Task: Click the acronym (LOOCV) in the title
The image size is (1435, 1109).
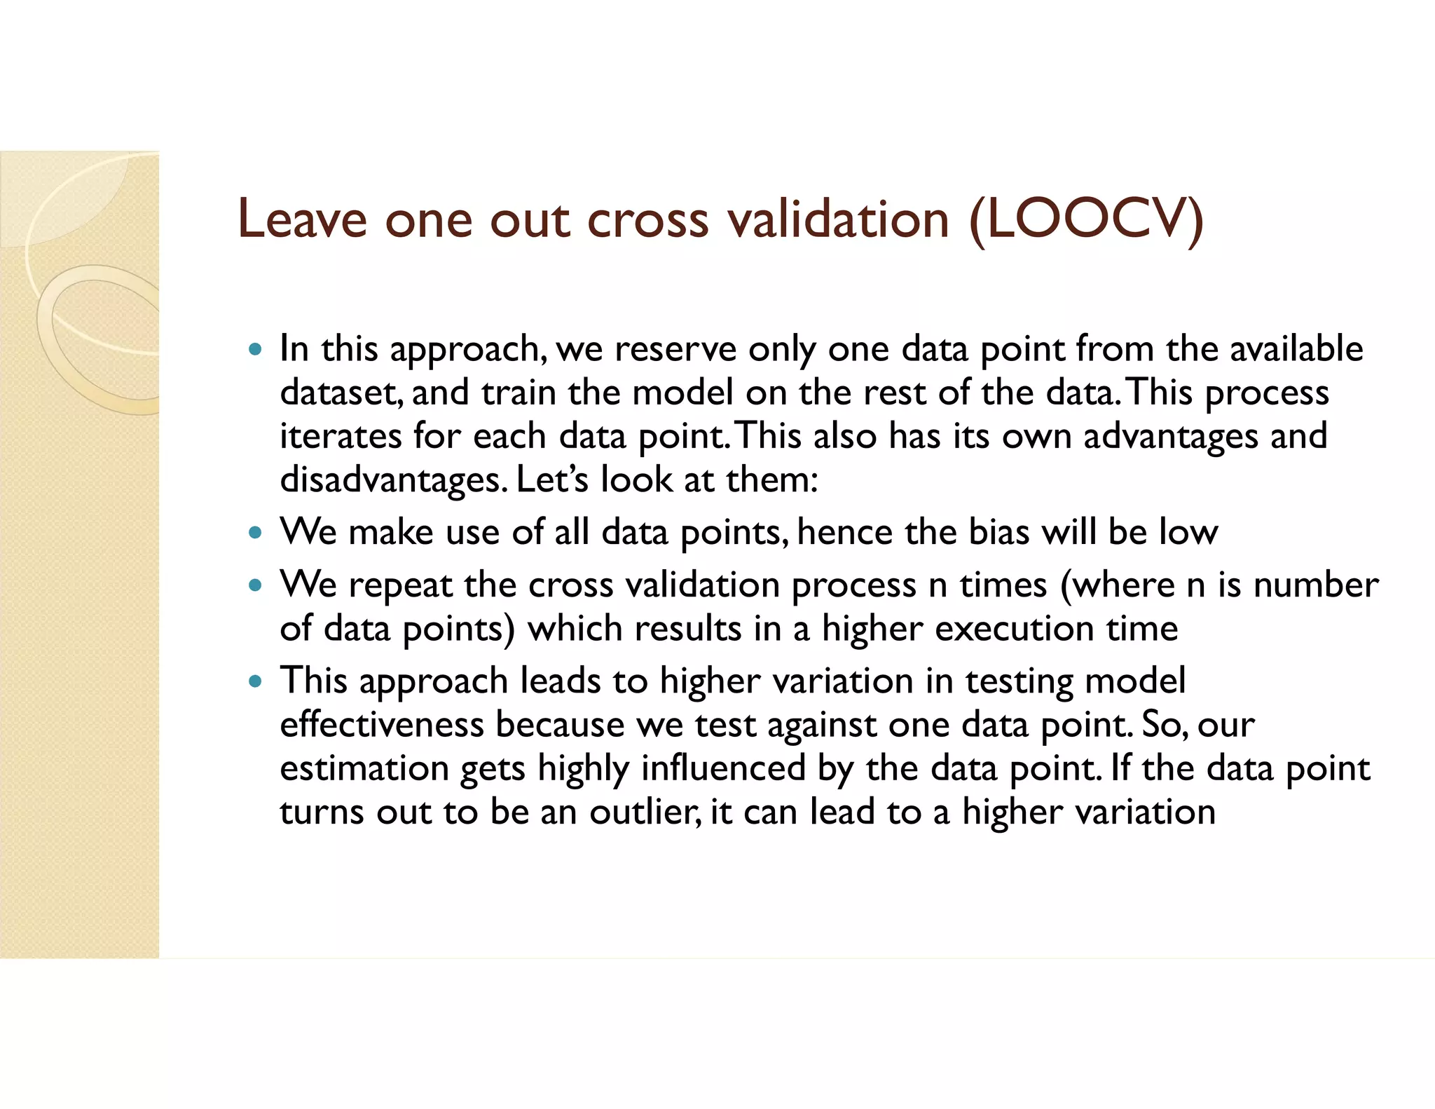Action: point(1086,220)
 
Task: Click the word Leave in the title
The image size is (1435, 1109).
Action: point(302,219)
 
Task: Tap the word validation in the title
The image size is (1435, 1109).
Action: point(838,219)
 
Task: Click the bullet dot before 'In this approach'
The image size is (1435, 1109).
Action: point(256,348)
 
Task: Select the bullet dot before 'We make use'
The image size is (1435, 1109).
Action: point(256,532)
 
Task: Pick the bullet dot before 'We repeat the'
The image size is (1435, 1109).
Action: point(256,585)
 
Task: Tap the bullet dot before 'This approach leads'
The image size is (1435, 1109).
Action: point(256,681)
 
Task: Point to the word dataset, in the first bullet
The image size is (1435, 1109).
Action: point(341,393)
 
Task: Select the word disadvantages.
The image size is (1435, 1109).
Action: point(392,480)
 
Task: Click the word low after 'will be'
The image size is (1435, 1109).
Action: point(1188,532)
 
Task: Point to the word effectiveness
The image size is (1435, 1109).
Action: point(382,724)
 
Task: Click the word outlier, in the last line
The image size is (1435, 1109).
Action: point(645,812)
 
